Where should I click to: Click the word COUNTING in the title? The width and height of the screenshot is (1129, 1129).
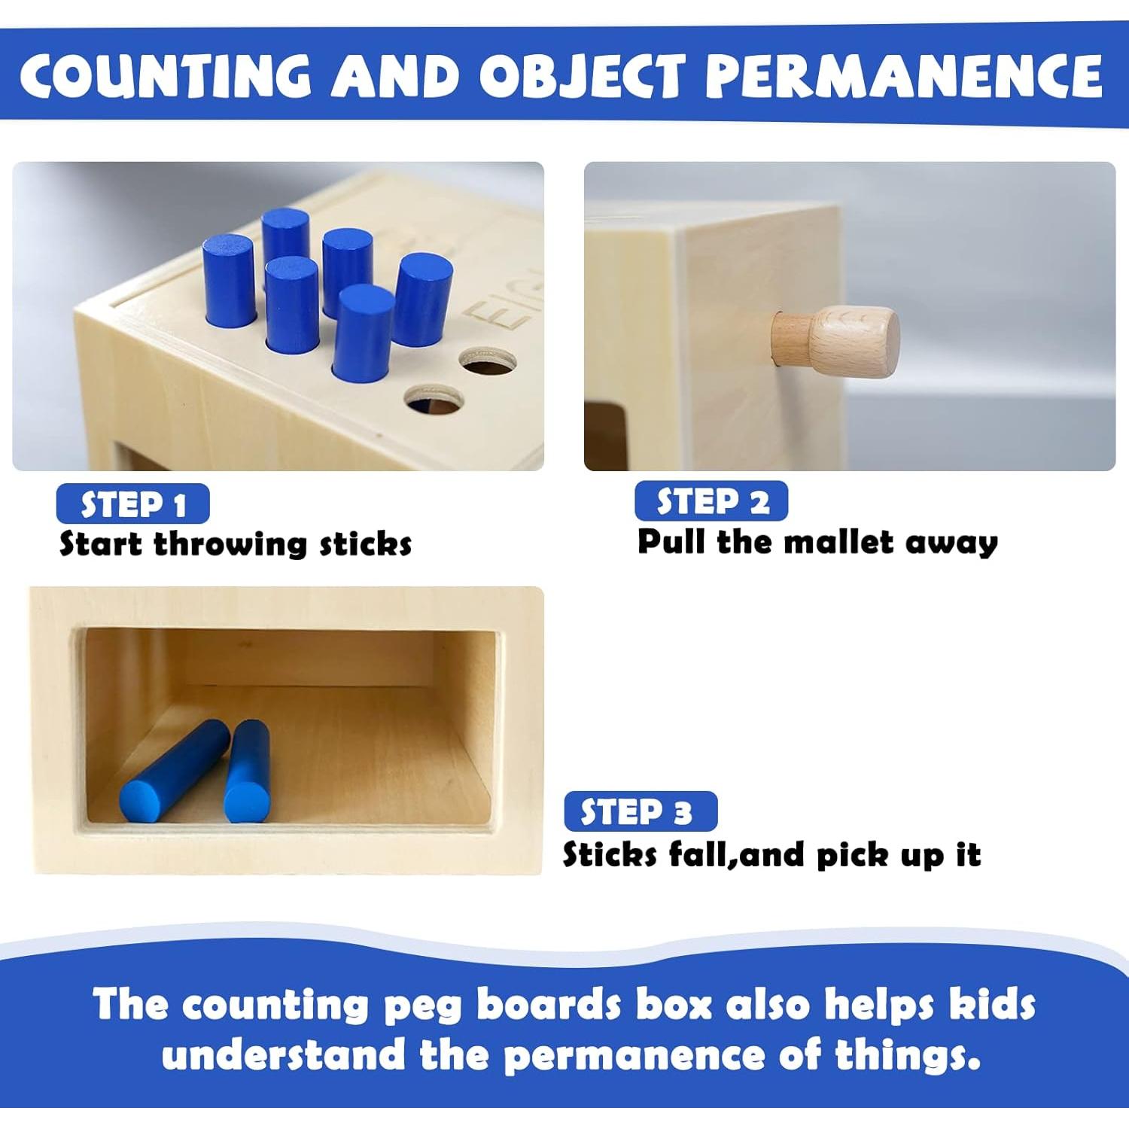point(166,75)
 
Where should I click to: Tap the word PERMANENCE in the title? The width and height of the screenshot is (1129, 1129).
point(903,75)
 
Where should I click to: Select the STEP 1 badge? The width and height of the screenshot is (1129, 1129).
point(132,504)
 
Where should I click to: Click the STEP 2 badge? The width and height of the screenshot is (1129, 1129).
point(711,501)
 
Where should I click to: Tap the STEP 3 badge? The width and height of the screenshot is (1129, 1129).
point(641,812)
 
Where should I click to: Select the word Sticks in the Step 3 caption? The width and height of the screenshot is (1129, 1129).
point(610,855)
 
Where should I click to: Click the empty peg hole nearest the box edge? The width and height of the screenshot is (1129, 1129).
point(434,400)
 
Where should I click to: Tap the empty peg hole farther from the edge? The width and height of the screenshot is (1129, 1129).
point(488,360)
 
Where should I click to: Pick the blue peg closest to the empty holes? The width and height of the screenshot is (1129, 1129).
point(424,300)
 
